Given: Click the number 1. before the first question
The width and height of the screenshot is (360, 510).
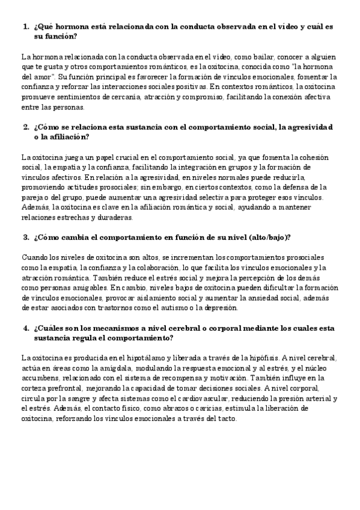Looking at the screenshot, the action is coord(26,27).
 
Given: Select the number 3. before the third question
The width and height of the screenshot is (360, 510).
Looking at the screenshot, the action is coord(26,237).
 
